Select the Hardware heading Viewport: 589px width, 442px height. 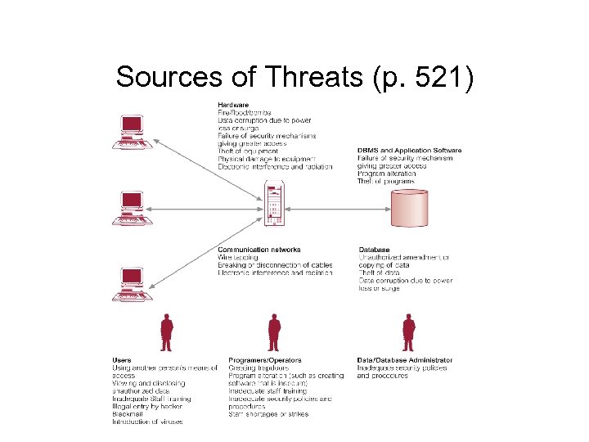coord(233,105)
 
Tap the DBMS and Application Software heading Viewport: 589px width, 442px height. coord(409,151)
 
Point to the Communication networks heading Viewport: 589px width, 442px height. coord(259,250)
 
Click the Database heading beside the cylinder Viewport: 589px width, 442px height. coord(374,250)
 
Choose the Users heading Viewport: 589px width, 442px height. coord(121,360)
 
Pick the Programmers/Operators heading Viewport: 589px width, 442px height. coord(265,360)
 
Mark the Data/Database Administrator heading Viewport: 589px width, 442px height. coord(404,360)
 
